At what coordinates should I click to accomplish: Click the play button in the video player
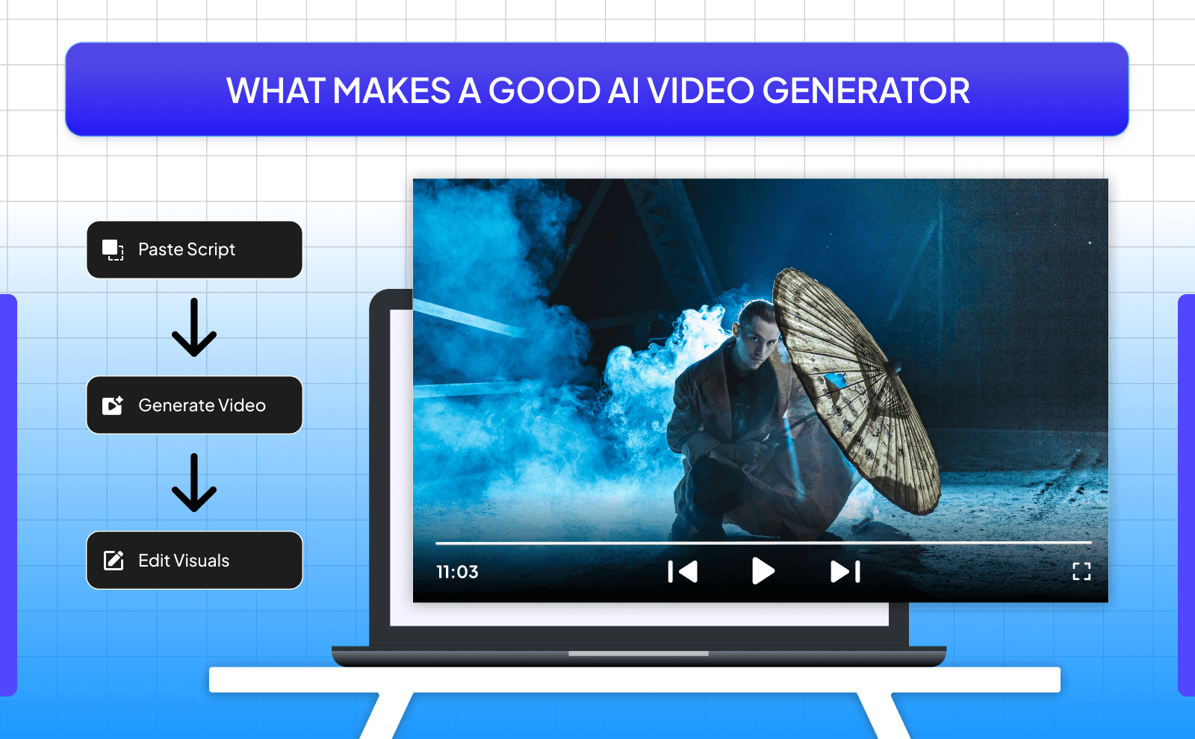pyautogui.click(x=763, y=571)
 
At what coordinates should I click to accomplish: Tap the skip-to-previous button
pyautogui.click(x=683, y=572)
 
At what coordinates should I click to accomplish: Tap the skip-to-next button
pyautogui.click(x=845, y=572)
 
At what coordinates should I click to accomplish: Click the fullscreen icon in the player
pyautogui.click(x=1081, y=572)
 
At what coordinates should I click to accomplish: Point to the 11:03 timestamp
pyautogui.click(x=457, y=573)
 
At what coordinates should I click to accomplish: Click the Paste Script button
pyautogui.click(x=194, y=250)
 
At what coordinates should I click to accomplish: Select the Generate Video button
pyautogui.click(x=194, y=405)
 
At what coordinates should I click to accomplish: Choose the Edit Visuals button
pyautogui.click(x=194, y=561)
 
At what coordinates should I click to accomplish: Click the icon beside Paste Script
pyautogui.click(x=113, y=250)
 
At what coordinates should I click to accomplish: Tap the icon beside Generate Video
pyautogui.click(x=113, y=405)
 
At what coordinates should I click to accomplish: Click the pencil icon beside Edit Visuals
pyautogui.click(x=114, y=561)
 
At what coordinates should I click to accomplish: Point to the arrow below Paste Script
pyautogui.click(x=194, y=328)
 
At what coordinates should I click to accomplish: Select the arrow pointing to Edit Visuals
pyautogui.click(x=194, y=483)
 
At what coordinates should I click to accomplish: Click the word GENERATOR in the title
pyautogui.click(x=866, y=91)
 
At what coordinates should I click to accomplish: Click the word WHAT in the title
pyautogui.click(x=275, y=91)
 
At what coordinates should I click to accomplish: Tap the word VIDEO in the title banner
pyautogui.click(x=701, y=91)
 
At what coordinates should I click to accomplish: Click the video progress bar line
pyautogui.click(x=762, y=543)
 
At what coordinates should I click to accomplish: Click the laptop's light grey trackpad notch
pyautogui.click(x=638, y=654)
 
